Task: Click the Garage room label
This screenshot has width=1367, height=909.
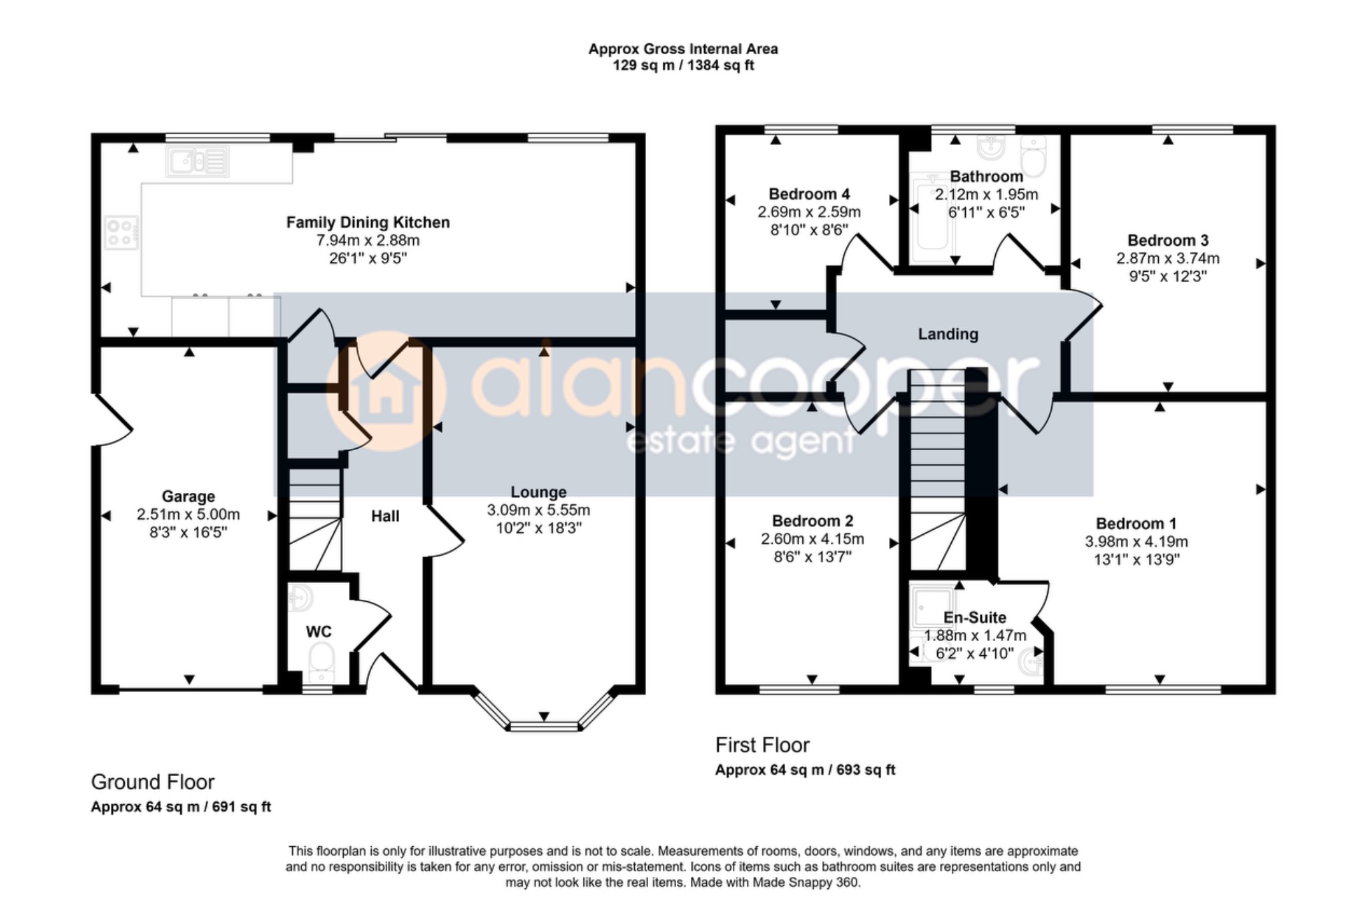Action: click(188, 496)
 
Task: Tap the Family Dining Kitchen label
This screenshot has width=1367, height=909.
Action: click(368, 222)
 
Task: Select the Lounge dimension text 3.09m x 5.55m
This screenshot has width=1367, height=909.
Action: click(539, 510)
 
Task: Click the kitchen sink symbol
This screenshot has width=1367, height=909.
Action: click(198, 162)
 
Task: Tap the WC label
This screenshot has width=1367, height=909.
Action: click(318, 632)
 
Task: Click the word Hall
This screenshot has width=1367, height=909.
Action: click(385, 516)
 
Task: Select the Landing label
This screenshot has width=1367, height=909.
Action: click(948, 334)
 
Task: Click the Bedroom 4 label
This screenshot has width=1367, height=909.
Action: click(809, 194)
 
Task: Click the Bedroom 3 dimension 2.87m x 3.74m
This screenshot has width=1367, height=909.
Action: click(1167, 258)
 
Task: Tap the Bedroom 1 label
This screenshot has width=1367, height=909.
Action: click(1136, 524)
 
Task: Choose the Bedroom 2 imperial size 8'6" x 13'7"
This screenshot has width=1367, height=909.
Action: click(812, 556)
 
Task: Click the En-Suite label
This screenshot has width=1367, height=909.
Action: click(975, 618)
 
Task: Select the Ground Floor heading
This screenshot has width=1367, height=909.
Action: click(153, 781)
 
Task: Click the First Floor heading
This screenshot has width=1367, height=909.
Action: click(762, 745)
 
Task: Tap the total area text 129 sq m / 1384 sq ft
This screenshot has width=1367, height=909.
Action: click(683, 65)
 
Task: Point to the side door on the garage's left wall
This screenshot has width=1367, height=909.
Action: click(112, 419)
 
